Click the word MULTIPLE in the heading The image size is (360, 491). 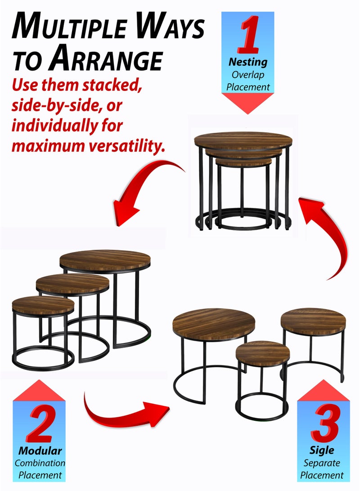(72, 28)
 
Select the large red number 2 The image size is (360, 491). (40, 425)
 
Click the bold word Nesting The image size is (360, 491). (247, 62)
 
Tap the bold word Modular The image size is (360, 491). (40, 450)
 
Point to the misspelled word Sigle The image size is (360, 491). (322, 450)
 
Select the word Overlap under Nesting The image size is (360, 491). (247, 74)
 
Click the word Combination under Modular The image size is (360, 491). (40, 463)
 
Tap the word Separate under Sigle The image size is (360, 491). (322, 463)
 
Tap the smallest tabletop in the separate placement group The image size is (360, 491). (262, 353)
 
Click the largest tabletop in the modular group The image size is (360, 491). (105, 260)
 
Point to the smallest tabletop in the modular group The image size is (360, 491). (43, 306)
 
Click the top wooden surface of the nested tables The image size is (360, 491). (243, 140)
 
